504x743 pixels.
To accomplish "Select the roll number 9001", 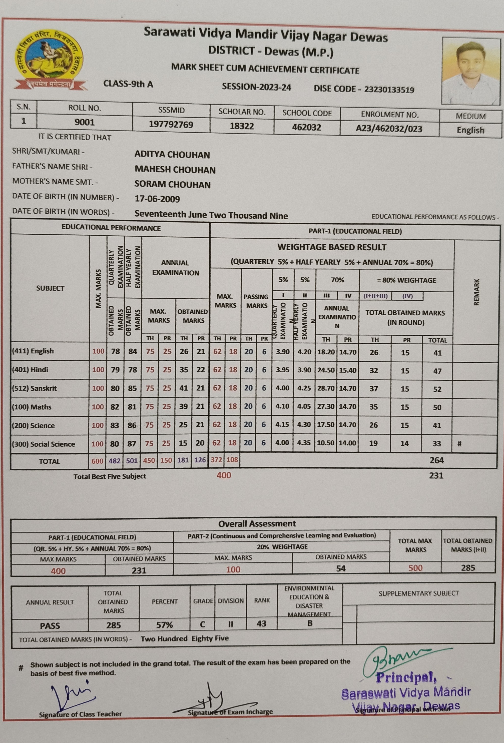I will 84,122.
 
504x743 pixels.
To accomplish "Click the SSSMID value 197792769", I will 171,124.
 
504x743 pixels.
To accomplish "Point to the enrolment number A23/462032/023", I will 389,129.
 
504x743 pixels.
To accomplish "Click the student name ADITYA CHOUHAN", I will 172,155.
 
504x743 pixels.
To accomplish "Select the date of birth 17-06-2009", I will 157,199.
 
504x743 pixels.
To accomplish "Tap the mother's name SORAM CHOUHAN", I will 172,184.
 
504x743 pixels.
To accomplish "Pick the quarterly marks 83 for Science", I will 115,425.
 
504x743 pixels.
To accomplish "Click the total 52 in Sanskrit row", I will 437,389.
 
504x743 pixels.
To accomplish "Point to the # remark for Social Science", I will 459,444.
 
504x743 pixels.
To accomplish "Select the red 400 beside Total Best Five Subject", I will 224,475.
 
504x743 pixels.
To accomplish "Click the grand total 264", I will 437,460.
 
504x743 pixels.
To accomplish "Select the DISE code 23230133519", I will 389,89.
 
